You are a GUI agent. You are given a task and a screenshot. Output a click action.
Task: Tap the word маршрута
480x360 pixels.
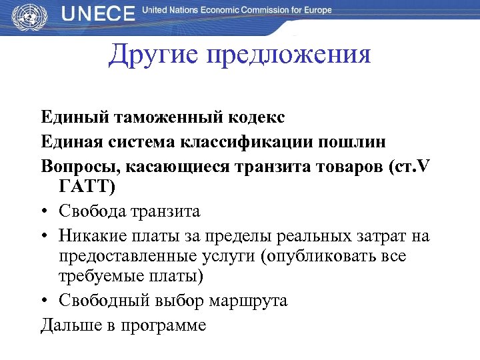[x=249, y=301]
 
